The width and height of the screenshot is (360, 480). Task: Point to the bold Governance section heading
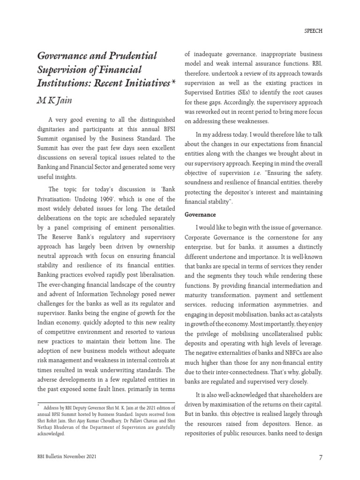[200, 214]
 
